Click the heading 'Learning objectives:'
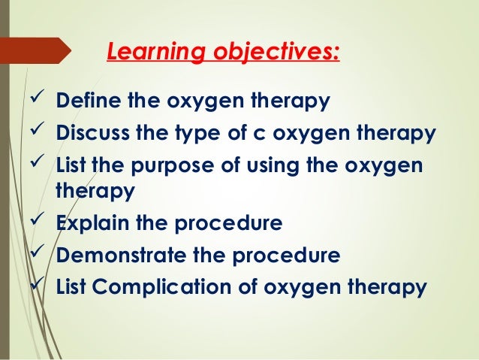tap(223, 53)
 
